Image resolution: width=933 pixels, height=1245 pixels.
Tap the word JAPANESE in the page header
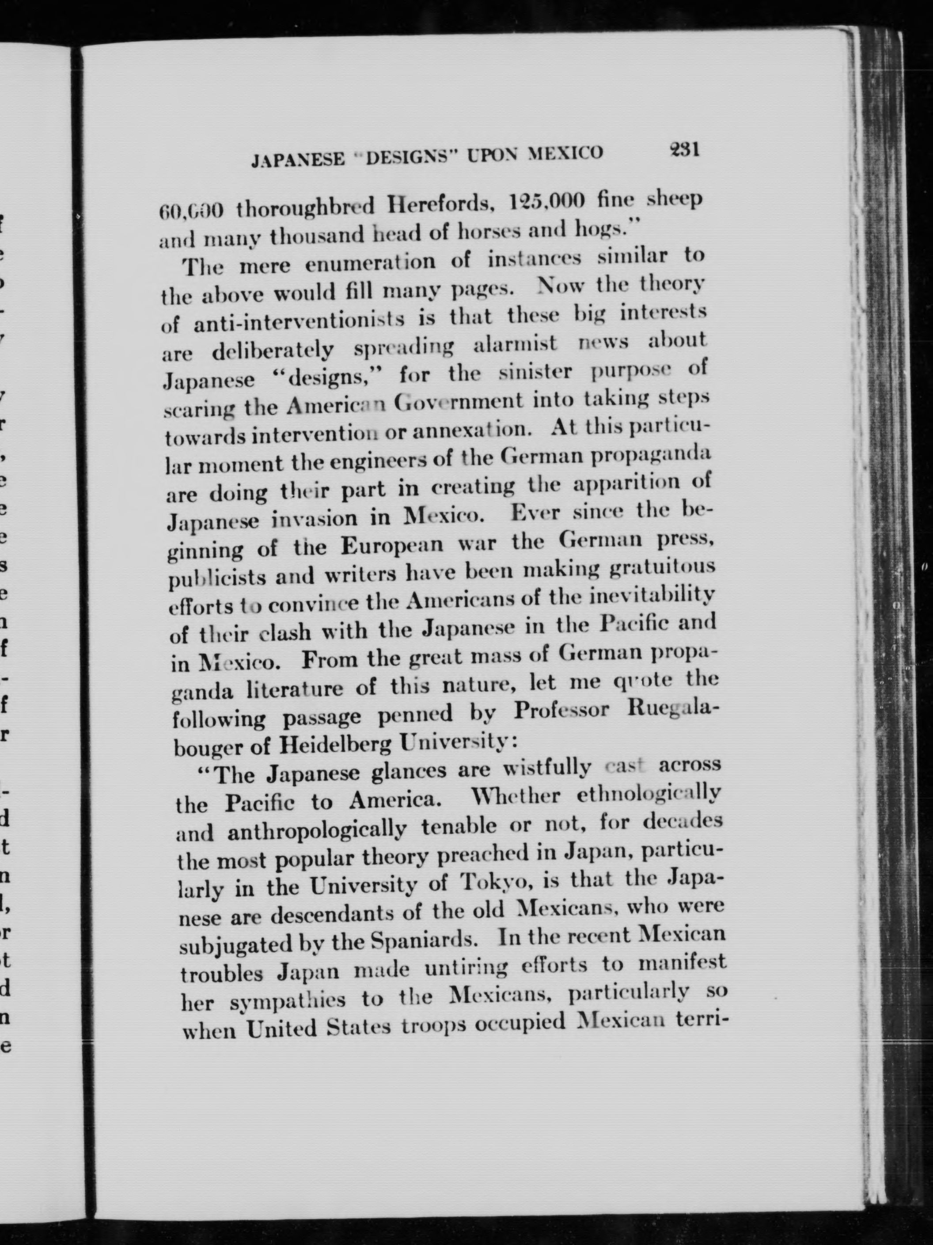pos(298,160)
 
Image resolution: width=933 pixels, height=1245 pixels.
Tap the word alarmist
pos(515,344)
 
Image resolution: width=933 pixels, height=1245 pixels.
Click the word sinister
pos(536,373)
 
